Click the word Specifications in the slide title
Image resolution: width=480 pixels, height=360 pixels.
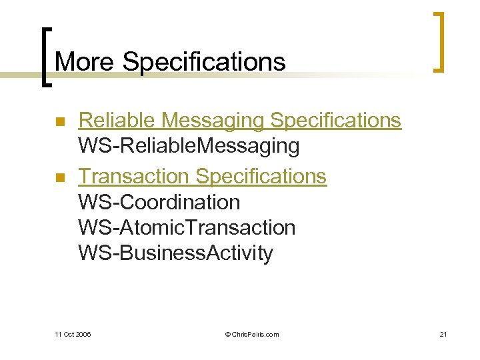[x=204, y=63]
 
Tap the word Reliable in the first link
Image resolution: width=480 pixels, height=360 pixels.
[x=117, y=120]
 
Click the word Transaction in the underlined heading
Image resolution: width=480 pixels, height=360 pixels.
[x=134, y=176]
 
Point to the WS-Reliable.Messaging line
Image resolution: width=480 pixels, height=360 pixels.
[x=189, y=145]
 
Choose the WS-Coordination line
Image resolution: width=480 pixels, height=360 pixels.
[x=159, y=201]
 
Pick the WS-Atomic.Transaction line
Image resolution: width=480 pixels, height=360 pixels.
[x=187, y=227]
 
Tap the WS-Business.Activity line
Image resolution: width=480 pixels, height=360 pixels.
[x=175, y=253]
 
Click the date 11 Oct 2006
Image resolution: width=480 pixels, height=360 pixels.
[x=73, y=334]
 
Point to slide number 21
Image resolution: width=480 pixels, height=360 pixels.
[x=443, y=334]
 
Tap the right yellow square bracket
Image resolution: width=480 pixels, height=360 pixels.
[x=438, y=41]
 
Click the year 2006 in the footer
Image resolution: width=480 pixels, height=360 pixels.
[x=83, y=334]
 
